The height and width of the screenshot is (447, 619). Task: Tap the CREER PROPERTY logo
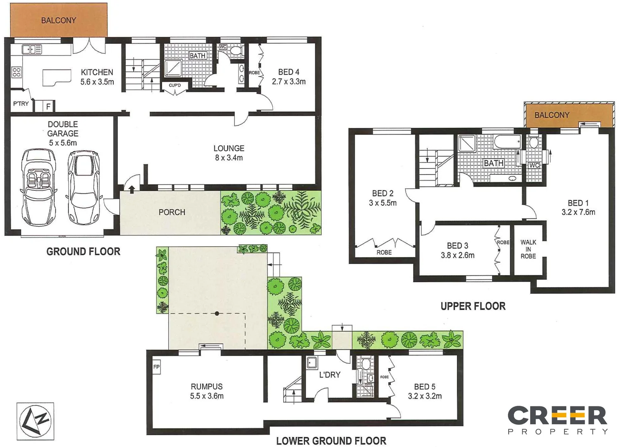[x=557, y=420]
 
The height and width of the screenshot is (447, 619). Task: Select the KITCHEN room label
[x=97, y=72]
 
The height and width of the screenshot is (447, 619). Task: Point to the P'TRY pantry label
[x=21, y=104]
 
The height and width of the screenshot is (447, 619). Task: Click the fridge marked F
[x=48, y=107]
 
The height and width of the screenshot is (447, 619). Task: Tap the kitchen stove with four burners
[x=17, y=72]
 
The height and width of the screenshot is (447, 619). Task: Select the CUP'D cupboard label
[x=174, y=85]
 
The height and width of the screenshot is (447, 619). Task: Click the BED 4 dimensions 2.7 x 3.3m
[x=289, y=82]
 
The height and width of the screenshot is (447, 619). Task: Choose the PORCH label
[x=172, y=212]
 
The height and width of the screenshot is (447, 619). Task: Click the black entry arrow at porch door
[x=132, y=190]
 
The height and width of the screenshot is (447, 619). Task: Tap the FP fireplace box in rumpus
[x=156, y=367]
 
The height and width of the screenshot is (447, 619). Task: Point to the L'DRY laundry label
[x=330, y=375]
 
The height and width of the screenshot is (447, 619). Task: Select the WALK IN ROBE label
[x=528, y=249]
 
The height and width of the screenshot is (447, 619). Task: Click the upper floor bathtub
[x=507, y=142]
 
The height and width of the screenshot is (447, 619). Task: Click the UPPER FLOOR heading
[x=473, y=306]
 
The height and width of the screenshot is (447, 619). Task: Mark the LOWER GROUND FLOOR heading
[x=331, y=441]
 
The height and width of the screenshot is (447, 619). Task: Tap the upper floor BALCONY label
[x=552, y=115]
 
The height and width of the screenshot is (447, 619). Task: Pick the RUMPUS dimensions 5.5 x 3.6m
[x=207, y=396]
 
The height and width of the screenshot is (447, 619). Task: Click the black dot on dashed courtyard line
[x=217, y=313]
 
